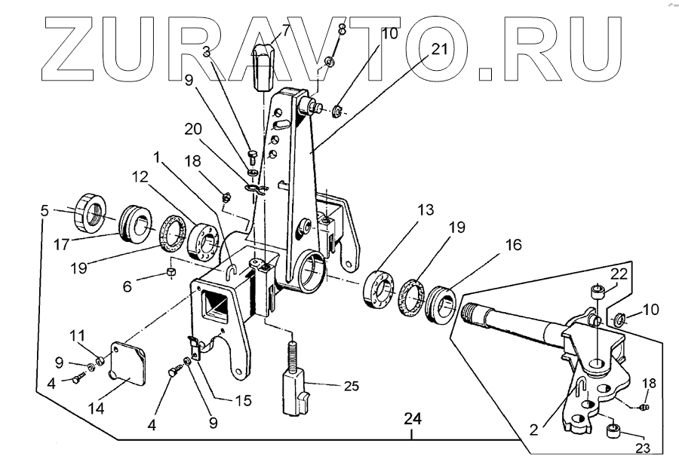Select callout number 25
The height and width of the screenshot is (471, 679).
pos(351,386)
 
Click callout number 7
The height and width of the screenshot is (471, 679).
pos(286,31)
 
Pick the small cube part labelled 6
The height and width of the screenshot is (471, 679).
pos(171,271)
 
